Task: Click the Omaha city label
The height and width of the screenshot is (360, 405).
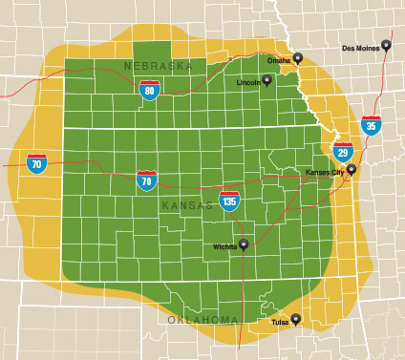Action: (278, 60)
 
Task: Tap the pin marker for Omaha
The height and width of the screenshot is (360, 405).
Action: (298, 58)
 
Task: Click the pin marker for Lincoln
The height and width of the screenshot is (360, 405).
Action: (267, 79)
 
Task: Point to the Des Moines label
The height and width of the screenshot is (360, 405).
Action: (359, 47)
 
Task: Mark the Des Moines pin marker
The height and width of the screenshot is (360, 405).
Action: (386, 44)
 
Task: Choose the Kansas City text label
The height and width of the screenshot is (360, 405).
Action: (323, 172)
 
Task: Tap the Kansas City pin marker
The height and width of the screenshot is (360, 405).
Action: (351, 169)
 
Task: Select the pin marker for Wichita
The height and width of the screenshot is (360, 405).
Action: (244, 244)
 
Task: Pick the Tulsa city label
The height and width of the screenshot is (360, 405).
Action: (280, 322)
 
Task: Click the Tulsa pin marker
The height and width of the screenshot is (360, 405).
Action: (296, 319)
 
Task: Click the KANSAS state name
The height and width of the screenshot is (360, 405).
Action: (188, 205)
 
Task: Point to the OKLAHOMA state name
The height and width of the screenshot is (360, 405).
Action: (202, 319)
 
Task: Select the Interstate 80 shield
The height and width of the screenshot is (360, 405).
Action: (149, 91)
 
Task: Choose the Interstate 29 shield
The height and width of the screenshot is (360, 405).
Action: (343, 151)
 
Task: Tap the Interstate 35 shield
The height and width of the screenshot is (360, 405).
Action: (372, 124)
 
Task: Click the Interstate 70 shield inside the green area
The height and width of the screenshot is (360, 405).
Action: (146, 179)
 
